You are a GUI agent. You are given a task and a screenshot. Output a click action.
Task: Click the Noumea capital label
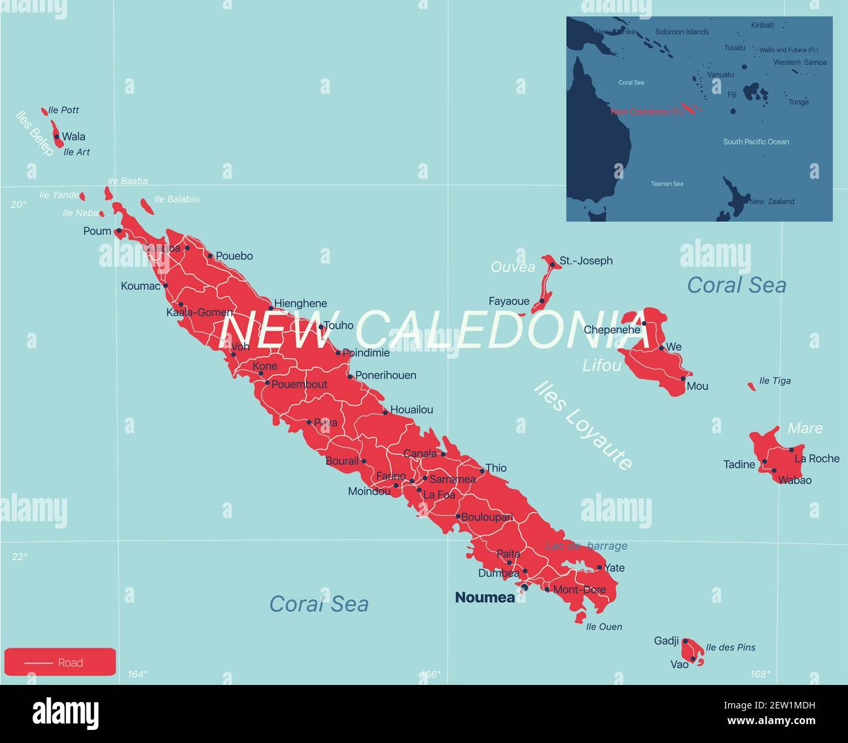(x=484, y=598)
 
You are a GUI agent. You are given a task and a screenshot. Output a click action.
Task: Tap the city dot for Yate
(x=599, y=568)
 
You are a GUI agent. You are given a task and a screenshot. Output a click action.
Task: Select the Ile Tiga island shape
(x=751, y=387)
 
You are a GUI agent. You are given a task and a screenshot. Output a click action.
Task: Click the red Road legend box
(x=60, y=662)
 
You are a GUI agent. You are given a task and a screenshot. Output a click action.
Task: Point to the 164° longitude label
(x=138, y=675)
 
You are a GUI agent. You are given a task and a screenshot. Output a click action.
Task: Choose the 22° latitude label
(x=20, y=556)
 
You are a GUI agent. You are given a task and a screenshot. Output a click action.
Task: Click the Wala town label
(x=73, y=137)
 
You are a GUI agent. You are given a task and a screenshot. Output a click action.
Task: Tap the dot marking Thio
(x=483, y=470)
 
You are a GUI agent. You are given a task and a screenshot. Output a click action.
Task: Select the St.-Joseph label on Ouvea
(x=586, y=261)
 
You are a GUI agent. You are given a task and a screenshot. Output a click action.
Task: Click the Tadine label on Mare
(x=739, y=464)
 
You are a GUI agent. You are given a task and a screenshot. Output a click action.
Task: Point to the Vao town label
(x=679, y=664)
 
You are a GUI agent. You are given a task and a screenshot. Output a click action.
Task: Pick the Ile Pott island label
(x=64, y=110)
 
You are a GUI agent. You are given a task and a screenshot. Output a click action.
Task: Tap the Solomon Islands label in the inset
(x=682, y=32)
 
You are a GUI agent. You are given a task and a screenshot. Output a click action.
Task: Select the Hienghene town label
(x=301, y=303)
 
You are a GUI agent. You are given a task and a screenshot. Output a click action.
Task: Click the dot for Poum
(x=119, y=231)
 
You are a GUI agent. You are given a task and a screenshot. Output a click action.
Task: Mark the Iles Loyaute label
(x=583, y=425)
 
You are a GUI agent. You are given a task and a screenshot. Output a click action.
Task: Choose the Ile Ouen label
(x=604, y=627)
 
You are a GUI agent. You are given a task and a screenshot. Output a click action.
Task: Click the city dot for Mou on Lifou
(x=683, y=378)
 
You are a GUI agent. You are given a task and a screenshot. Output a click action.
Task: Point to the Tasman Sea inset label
(x=667, y=184)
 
